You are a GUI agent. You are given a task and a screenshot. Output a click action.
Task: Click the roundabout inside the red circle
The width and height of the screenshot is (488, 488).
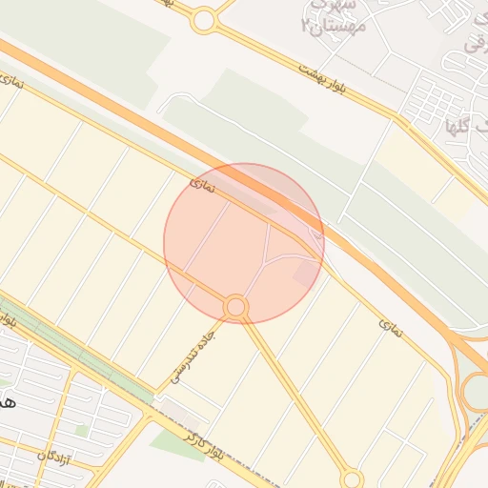(x=236, y=307)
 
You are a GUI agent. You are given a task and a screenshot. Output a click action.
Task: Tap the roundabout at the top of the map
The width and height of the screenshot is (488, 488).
(x=203, y=20)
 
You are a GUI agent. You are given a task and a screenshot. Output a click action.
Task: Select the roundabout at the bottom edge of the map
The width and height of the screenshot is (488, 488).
(x=352, y=478)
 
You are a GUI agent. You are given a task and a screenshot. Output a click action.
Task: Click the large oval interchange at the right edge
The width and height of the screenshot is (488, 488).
(x=475, y=391)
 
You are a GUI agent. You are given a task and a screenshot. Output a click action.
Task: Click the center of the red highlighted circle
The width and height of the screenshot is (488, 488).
(x=244, y=243)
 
